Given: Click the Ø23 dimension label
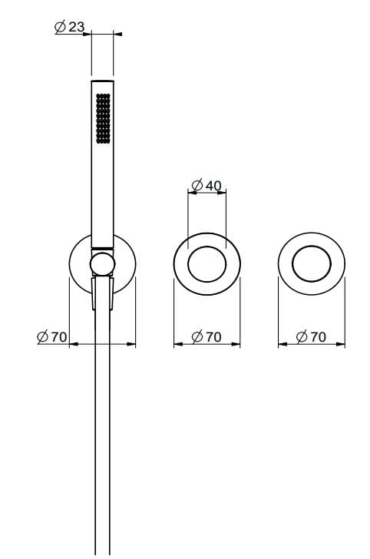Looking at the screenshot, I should pos(69,27).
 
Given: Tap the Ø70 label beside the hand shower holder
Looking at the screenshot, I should pos(52,336).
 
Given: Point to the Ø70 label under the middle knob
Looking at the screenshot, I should pos(206,336).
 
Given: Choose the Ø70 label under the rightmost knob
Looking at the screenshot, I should pos(312,336).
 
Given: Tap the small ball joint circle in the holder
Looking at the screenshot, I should pos(102,266).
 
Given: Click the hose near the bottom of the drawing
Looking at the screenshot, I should pos(102,499).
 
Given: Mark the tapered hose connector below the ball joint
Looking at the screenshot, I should pos(102,293).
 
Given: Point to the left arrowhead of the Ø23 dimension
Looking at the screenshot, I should pos(88,34).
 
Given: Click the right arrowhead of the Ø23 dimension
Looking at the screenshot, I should pos(117,34).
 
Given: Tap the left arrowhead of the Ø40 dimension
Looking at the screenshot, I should pos(191,192).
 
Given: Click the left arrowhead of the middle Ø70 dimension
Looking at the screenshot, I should pos(177,343).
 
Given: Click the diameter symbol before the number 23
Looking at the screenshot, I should pos(60,27).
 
